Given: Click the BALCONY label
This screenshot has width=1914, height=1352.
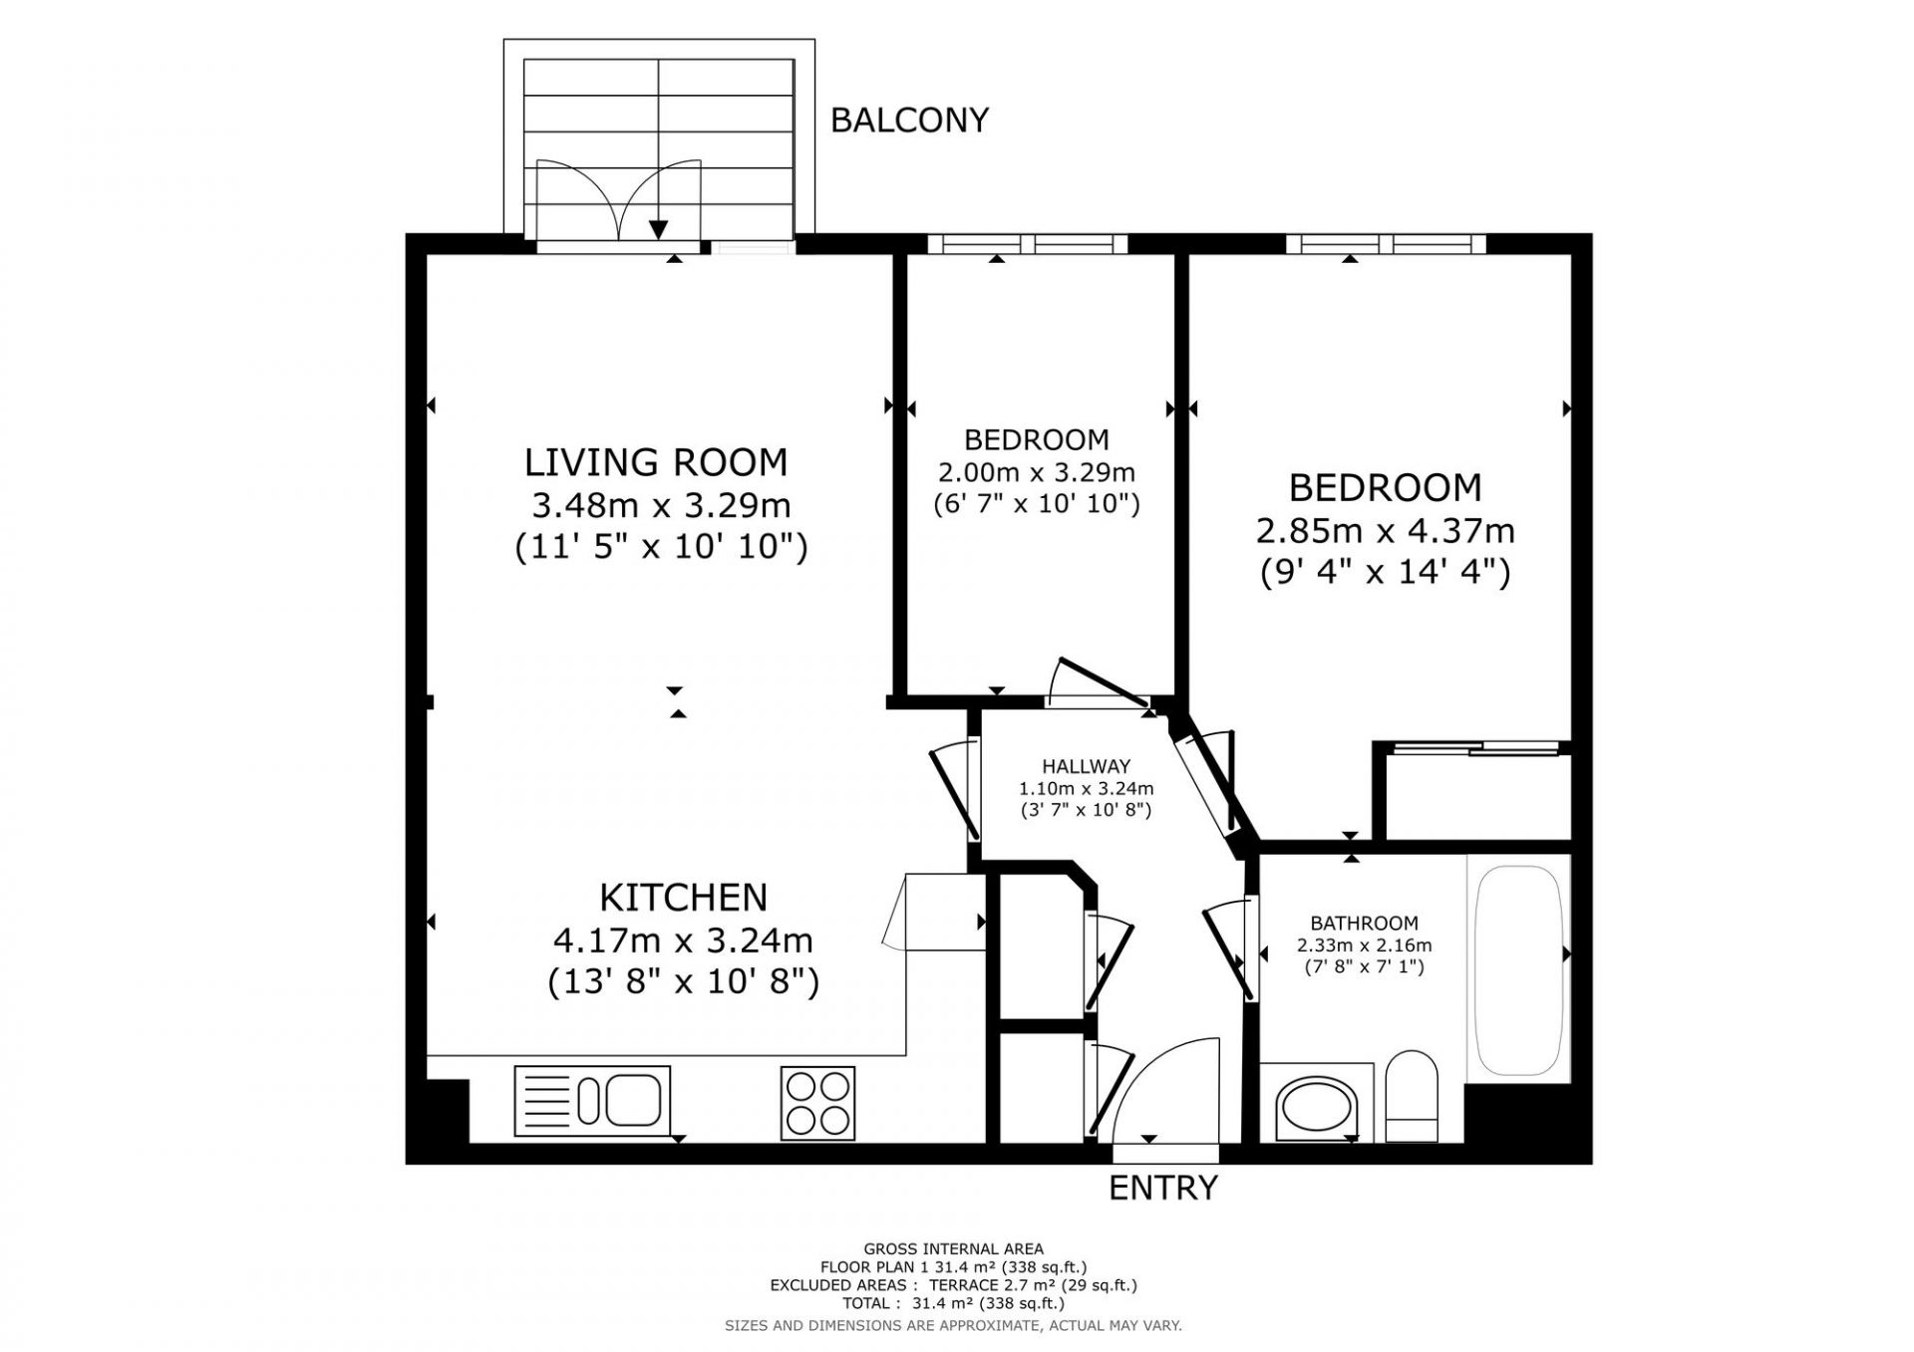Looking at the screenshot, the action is point(909,121).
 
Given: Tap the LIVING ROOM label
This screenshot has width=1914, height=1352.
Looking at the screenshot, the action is point(656,462).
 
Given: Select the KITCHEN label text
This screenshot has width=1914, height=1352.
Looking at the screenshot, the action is point(684,898).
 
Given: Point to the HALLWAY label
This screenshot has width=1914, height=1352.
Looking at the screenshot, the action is point(1087,766).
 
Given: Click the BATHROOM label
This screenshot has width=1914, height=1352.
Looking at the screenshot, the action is point(1364,924).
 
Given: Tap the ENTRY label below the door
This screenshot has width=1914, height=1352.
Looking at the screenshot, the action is point(1163,1188).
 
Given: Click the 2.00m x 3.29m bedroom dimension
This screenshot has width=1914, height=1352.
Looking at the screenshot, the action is point(1037,471).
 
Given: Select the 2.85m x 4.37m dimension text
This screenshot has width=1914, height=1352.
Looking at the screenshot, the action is point(1386,530).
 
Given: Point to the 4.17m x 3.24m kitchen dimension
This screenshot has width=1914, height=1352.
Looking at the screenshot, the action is point(683,940).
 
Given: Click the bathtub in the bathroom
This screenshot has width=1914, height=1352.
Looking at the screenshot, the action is point(1518,969).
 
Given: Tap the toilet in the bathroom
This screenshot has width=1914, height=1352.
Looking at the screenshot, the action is point(1412,1096).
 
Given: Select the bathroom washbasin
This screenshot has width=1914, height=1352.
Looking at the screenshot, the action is point(1317,1107).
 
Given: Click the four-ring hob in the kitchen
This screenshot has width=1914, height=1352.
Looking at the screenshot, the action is point(818,1103).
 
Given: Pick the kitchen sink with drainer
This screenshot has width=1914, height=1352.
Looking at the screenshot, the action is point(592,1101).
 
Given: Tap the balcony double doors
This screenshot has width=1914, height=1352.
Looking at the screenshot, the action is point(618,200).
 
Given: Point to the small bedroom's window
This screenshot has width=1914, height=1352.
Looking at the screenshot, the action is point(1027,243).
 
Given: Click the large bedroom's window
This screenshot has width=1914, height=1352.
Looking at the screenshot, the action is point(1386,243).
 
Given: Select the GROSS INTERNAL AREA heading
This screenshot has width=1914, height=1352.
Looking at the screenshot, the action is point(954,1248).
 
